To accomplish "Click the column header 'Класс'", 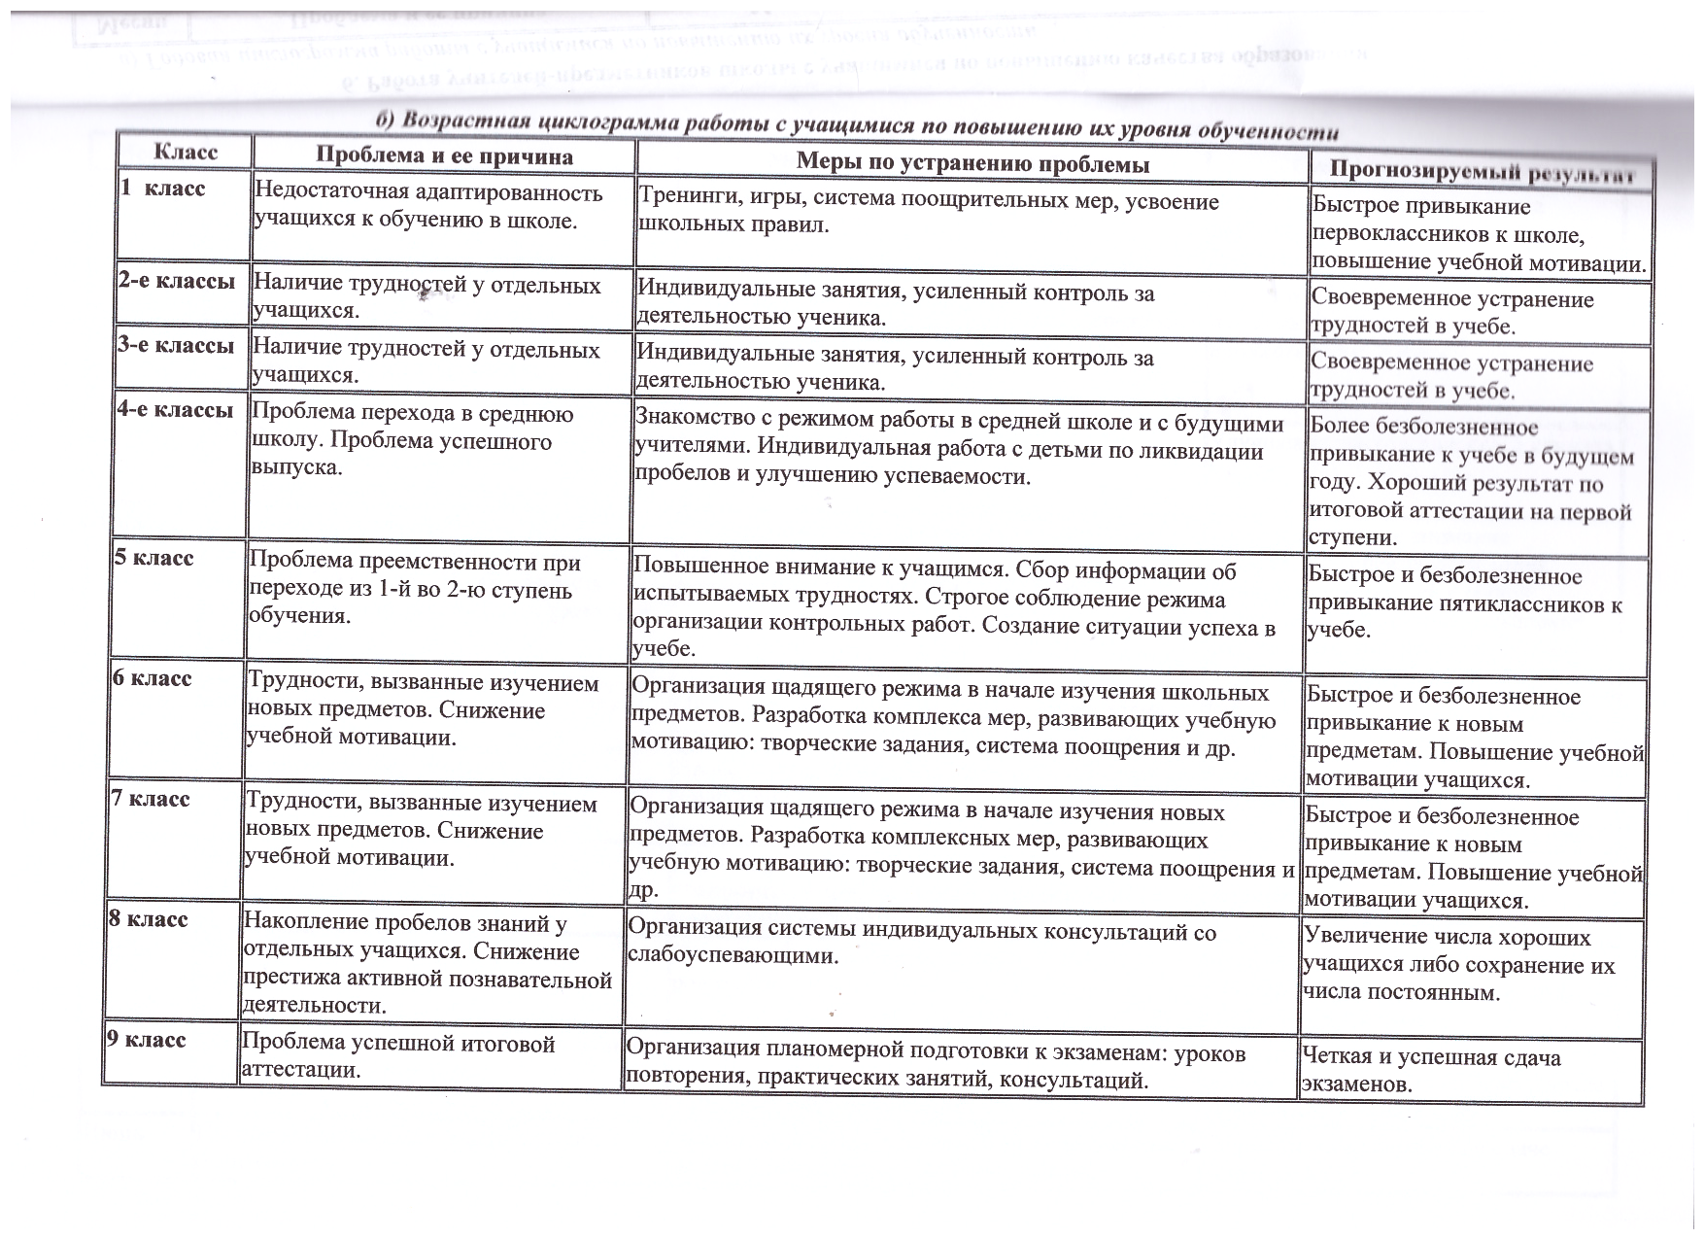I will coord(186,154).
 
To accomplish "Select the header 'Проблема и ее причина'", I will coord(444,156).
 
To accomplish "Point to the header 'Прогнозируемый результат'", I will coord(1483,173).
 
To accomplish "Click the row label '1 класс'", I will coord(162,188).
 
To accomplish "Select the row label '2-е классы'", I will coord(177,281).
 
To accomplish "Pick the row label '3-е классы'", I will coord(176,345).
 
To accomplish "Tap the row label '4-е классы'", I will coord(175,410).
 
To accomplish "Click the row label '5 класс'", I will coord(153,558).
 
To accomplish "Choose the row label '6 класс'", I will coord(151,678).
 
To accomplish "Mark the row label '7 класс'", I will coord(150,799).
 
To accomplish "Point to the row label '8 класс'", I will coord(147,919).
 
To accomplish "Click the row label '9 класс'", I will coord(145,1040).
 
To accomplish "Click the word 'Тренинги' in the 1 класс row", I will coord(686,199).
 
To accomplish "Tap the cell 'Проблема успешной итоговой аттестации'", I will coord(398,1056).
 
